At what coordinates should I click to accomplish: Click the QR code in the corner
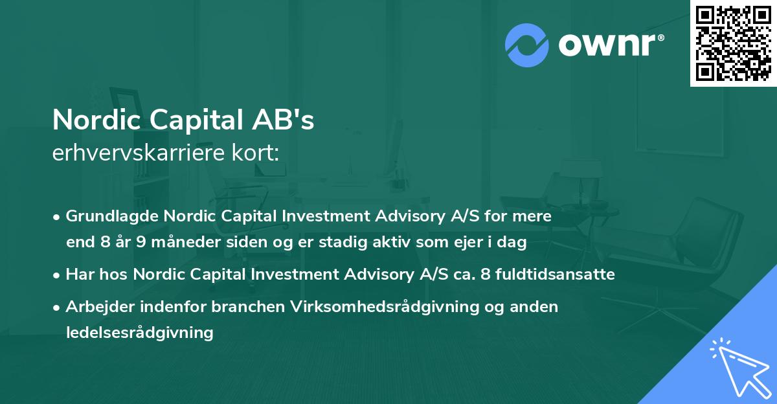pos(733,43)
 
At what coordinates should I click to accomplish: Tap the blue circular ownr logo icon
pos(527,45)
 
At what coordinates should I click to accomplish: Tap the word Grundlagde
pos(113,216)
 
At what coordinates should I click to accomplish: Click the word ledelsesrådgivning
pos(139,333)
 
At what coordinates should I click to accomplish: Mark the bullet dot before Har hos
pos(58,275)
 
